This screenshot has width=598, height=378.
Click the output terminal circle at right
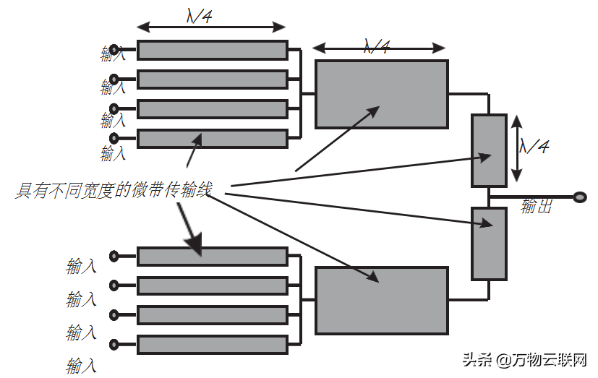click(579, 197)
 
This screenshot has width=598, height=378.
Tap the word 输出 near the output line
click(536, 207)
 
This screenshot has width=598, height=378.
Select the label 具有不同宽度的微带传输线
click(114, 191)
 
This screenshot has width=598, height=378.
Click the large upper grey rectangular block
click(382, 95)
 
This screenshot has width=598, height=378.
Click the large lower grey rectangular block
click(382, 301)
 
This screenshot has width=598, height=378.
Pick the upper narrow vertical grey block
click(489, 150)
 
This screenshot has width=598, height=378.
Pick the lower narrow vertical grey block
click(489, 243)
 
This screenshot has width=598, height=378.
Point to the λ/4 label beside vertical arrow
click(534, 147)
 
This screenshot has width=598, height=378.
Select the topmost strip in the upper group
click(212, 50)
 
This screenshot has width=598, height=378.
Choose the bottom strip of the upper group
click(212, 138)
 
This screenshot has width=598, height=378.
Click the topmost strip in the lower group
click(212, 256)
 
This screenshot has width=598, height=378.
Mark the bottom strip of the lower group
click(212, 344)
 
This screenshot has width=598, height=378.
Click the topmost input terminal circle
click(114, 50)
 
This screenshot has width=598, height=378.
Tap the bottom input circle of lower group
click(114, 344)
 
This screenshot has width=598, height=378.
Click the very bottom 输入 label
click(81, 365)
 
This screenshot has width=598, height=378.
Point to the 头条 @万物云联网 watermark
click(524, 360)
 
